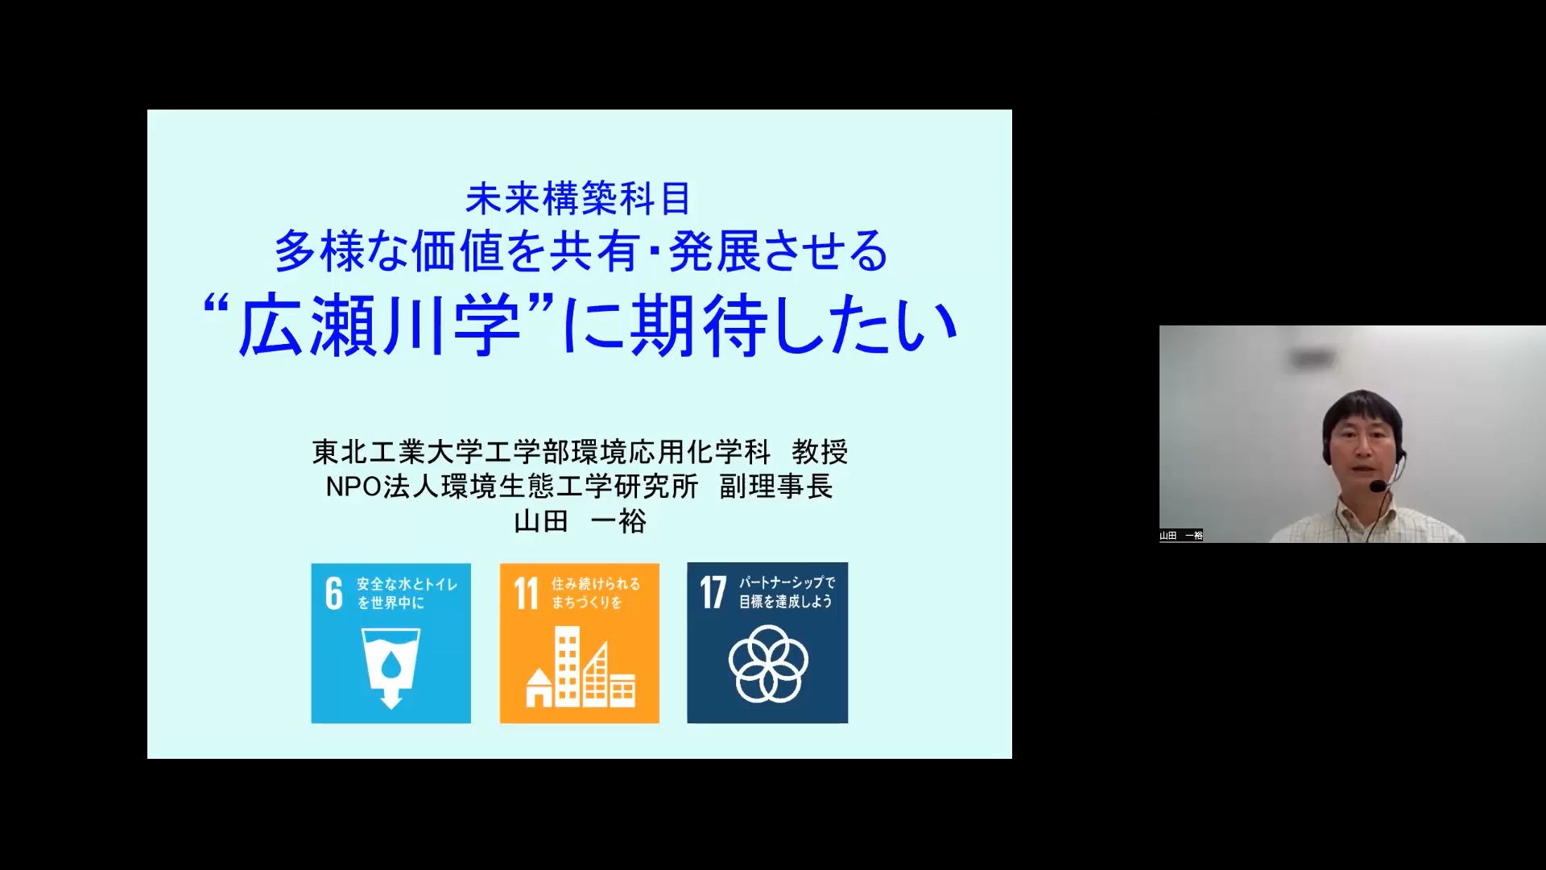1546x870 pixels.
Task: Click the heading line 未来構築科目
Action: coord(578,199)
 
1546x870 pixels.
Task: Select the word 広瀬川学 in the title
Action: coord(378,326)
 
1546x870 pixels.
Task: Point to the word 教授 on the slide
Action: coord(820,452)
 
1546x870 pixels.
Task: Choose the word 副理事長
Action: coord(776,487)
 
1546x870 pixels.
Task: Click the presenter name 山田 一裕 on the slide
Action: coord(580,521)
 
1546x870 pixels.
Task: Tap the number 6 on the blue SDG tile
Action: coord(334,594)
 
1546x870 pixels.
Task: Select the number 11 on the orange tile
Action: coord(527,594)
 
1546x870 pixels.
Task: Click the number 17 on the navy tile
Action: coord(713,593)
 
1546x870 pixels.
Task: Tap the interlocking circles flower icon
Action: coord(768,664)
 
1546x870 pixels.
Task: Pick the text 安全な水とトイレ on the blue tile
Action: coord(407,584)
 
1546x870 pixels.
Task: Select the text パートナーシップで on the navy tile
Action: coord(787,582)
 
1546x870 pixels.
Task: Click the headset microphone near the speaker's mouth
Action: coord(1379,487)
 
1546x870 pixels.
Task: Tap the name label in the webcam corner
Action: coord(1181,536)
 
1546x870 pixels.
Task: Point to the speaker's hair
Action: coord(1362,410)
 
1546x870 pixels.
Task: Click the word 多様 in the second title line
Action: coord(320,251)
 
